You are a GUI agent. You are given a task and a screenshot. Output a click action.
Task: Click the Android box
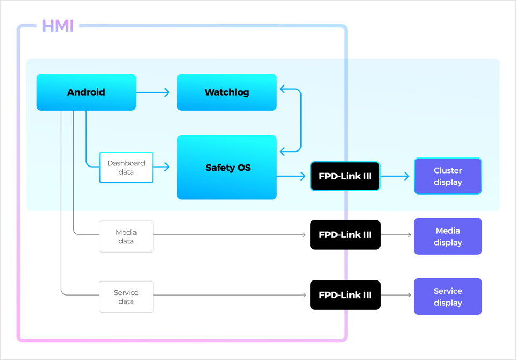click(86, 92)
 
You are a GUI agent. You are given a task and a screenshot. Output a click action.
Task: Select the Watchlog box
click(227, 92)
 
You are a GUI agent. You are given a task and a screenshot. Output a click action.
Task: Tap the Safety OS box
click(227, 168)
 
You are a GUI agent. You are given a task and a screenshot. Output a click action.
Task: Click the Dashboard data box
click(126, 168)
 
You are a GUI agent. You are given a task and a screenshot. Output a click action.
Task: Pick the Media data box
click(126, 236)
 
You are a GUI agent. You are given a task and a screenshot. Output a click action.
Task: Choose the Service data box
click(126, 297)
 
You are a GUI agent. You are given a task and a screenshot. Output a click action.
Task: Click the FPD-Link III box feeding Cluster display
click(345, 176)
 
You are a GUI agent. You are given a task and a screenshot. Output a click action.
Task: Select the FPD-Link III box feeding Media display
click(345, 235)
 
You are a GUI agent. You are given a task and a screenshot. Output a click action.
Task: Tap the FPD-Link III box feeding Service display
click(345, 295)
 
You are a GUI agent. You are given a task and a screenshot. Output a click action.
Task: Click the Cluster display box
click(448, 176)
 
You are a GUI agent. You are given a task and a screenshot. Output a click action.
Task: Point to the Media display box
click(448, 236)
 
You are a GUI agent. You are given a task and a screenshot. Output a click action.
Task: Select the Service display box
click(448, 297)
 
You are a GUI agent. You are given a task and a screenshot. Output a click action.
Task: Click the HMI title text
click(58, 26)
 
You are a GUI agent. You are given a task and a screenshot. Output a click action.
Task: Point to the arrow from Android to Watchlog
click(153, 92)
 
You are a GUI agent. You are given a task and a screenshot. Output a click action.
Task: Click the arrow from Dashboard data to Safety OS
click(162, 167)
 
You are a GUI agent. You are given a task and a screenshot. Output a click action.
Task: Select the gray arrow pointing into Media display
click(397, 235)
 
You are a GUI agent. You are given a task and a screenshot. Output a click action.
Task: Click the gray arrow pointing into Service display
click(397, 295)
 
